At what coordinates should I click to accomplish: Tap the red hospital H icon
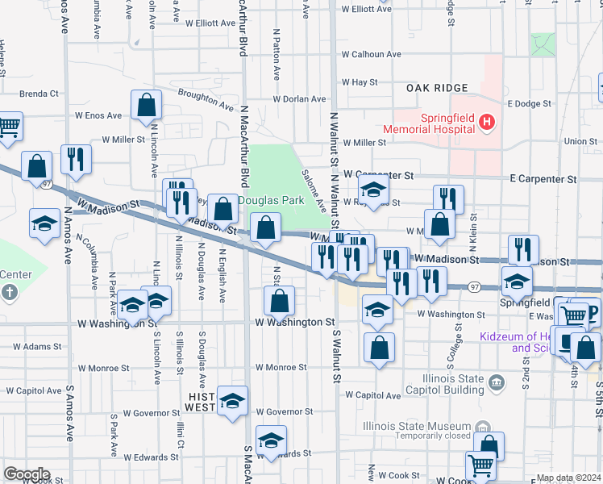[486, 123]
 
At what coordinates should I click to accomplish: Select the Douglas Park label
[264, 199]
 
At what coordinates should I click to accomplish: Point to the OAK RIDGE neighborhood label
[437, 88]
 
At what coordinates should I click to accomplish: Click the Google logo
[27, 474]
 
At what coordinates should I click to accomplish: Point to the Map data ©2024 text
[569, 478]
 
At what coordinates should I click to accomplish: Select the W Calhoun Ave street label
[371, 55]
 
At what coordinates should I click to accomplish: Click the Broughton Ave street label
[206, 99]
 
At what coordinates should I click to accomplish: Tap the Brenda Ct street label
[39, 94]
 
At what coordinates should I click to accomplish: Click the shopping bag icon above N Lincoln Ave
[146, 105]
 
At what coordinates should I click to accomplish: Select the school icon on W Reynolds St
[373, 190]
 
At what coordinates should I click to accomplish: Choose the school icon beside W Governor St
[232, 401]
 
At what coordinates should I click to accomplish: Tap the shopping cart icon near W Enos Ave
[8, 127]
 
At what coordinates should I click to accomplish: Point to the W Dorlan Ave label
[299, 99]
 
